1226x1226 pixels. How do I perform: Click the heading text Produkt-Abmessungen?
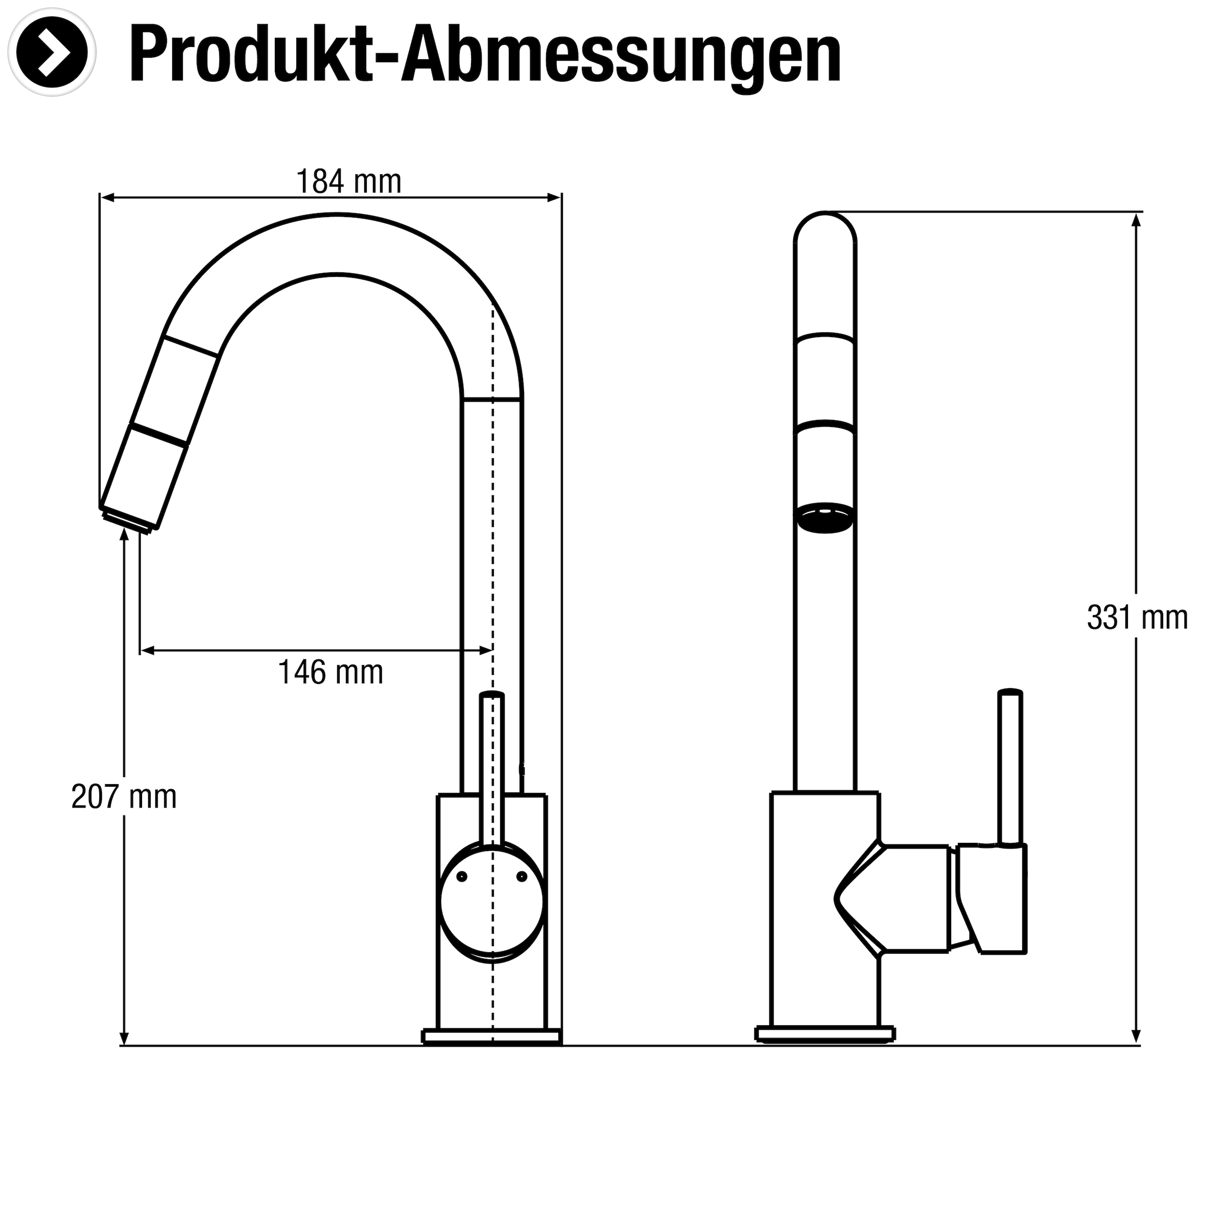click(485, 56)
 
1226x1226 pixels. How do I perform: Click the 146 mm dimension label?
click(331, 672)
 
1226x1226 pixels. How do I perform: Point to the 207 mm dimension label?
click(124, 797)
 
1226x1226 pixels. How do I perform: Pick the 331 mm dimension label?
click(1137, 618)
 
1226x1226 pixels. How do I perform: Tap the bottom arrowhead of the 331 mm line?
click(1137, 1038)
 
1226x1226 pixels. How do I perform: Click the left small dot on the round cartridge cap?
click(462, 877)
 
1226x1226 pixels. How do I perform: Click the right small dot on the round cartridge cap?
click(522, 877)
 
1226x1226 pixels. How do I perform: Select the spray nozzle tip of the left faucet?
click(129, 517)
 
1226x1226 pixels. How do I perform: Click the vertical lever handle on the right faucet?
click(1009, 768)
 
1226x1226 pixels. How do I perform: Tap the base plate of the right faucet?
click(825, 1034)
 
